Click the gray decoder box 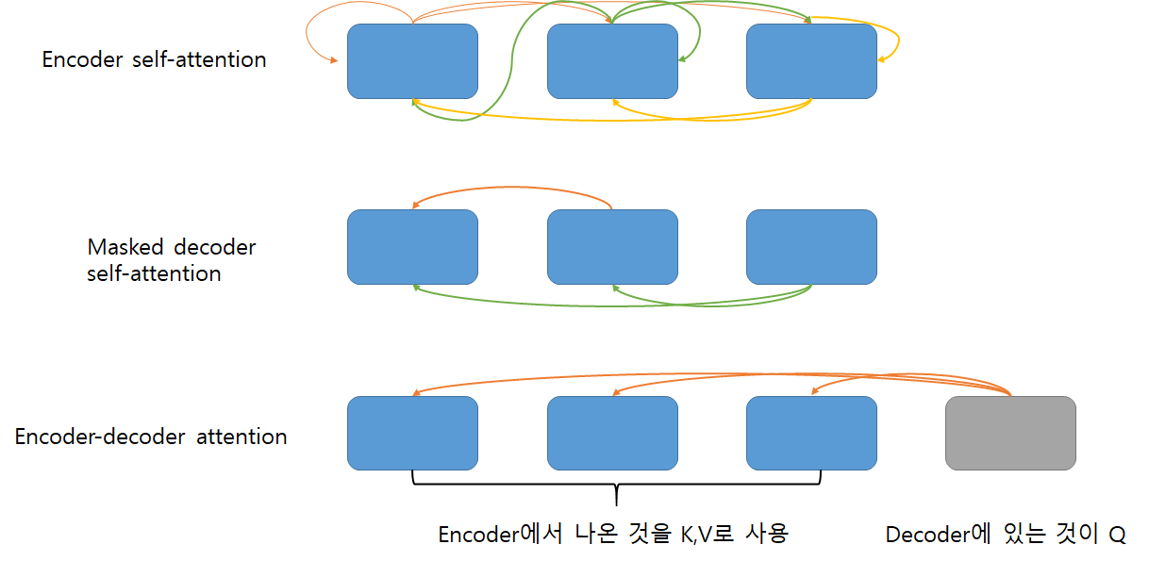pos(1010,433)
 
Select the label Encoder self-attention pos(155,59)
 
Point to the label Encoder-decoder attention pos(151,437)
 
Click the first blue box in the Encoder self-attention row pos(412,61)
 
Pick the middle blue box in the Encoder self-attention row pos(612,61)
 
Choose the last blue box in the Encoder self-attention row pos(811,61)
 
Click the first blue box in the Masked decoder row pos(412,246)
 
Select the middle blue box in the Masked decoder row pos(612,246)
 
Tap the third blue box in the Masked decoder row pos(811,246)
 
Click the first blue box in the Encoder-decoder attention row pos(412,433)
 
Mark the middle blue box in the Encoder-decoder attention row pos(612,433)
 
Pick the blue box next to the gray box pos(811,433)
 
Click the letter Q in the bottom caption pos(1117,535)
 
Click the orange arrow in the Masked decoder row pos(514,192)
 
